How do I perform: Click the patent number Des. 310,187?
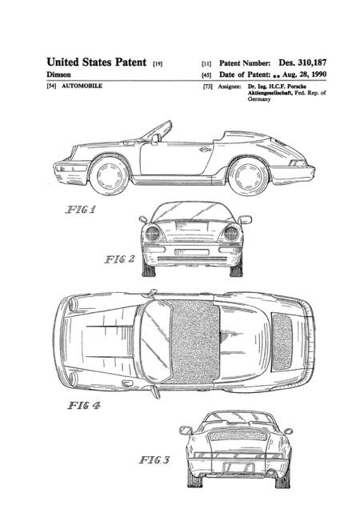click(x=302, y=62)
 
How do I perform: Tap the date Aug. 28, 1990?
click(x=304, y=74)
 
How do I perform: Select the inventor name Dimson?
click(x=58, y=74)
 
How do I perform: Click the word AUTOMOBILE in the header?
click(x=82, y=86)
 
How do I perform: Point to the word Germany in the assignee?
click(x=259, y=99)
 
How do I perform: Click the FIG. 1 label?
click(x=81, y=210)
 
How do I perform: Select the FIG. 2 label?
click(x=119, y=259)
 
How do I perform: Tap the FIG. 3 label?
click(x=154, y=459)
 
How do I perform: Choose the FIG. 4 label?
click(x=84, y=405)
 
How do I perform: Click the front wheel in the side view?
click(x=110, y=175)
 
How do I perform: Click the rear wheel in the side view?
click(x=249, y=176)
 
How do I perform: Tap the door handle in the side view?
click(x=205, y=149)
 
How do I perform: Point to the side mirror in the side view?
click(x=155, y=138)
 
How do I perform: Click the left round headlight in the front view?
click(x=153, y=233)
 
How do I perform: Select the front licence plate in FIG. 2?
click(x=192, y=252)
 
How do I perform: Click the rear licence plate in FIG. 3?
click(x=238, y=467)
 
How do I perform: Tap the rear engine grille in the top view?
click(x=282, y=342)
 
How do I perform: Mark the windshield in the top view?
click(x=156, y=342)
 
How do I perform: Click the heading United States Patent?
click(x=97, y=62)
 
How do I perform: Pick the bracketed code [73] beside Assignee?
click(x=208, y=86)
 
